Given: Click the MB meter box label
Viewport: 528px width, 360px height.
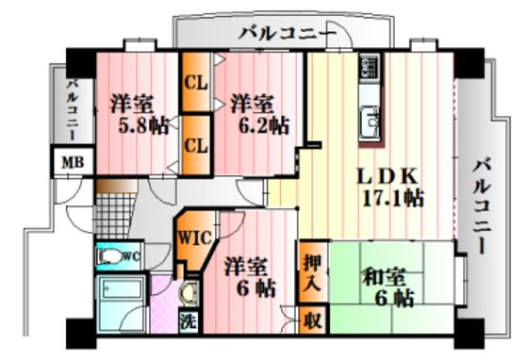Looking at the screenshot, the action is click(73, 163).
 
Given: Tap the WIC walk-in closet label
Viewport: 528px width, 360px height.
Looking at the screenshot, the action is click(195, 238).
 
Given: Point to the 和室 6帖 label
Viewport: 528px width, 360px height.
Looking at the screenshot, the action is click(388, 287).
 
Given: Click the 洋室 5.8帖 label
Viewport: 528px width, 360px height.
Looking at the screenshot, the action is click(139, 115).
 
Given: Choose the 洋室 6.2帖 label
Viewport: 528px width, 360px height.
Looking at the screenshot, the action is click(259, 115).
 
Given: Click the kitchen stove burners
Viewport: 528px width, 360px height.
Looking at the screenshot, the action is click(370, 67).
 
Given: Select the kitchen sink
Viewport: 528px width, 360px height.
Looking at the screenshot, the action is click(370, 123).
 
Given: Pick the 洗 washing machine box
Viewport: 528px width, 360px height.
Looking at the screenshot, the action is click(189, 321).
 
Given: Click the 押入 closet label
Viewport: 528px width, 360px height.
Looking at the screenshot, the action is click(313, 273).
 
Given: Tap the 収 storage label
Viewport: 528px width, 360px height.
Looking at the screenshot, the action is click(312, 320).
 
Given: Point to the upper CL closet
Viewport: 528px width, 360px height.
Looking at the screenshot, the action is click(196, 82).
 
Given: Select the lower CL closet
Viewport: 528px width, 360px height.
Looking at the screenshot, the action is click(196, 145).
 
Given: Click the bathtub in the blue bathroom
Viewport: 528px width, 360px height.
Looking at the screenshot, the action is click(123, 288).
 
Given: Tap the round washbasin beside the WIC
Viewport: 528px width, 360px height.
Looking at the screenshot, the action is click(190, 292).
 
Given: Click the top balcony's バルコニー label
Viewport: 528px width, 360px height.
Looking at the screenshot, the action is click(288, 34).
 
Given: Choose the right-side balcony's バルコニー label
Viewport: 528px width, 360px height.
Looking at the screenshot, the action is click(481, 206).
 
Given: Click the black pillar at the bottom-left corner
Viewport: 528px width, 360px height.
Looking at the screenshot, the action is click(81, 334).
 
